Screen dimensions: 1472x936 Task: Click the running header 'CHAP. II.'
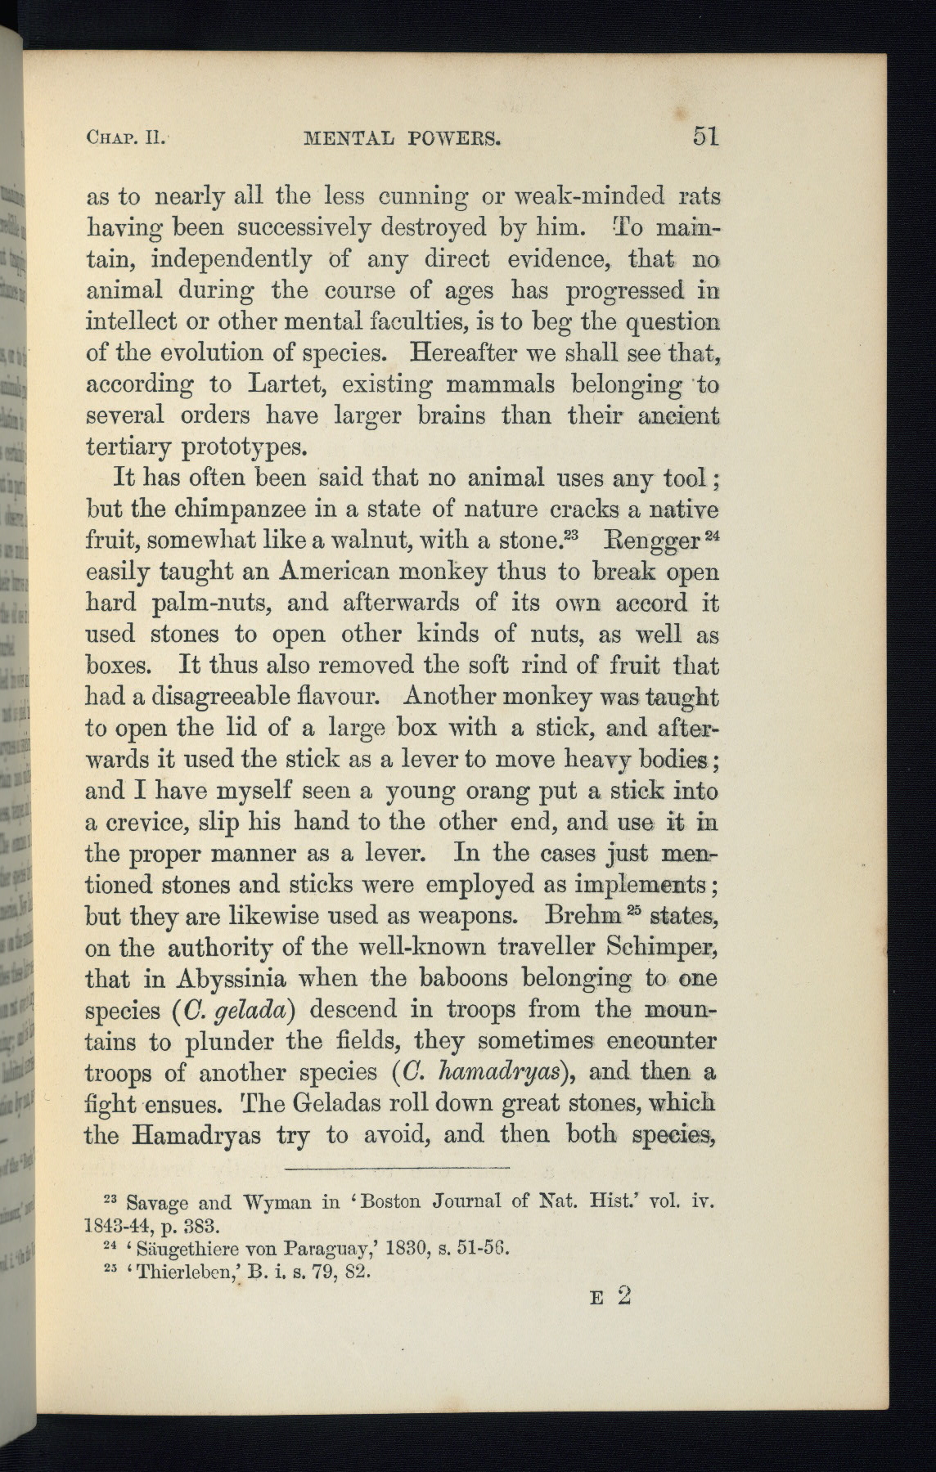pos(127,137)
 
